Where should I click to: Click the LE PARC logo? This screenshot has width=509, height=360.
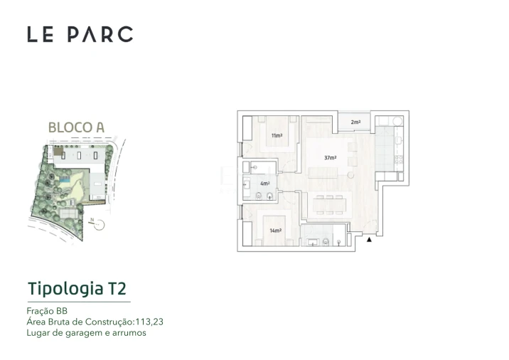(x=80, y=34)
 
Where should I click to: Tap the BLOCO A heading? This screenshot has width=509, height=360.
(x=76, y=127)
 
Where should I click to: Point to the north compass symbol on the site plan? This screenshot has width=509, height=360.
(x=99, y=225)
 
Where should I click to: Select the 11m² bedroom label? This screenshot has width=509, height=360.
(x=276, y=135)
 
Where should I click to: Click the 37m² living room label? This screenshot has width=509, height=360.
(x=330, y=158)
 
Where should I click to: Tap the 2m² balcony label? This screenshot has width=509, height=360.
(x=355, y=122)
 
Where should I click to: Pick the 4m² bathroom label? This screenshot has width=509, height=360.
(x=265, y=184)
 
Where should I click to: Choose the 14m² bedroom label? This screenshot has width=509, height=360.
(x=276, y=231)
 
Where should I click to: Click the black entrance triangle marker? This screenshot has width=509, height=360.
(x=369, y=240)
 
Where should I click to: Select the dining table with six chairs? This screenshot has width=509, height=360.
(x=328, y=204)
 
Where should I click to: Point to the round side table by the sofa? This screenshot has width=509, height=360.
(x=350, y=175)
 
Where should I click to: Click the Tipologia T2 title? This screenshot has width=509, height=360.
(x=77, y=289)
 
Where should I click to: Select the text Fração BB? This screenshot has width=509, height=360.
(x=47, y=310)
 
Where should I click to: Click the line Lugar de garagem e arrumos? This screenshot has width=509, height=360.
(x=85, y=332)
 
